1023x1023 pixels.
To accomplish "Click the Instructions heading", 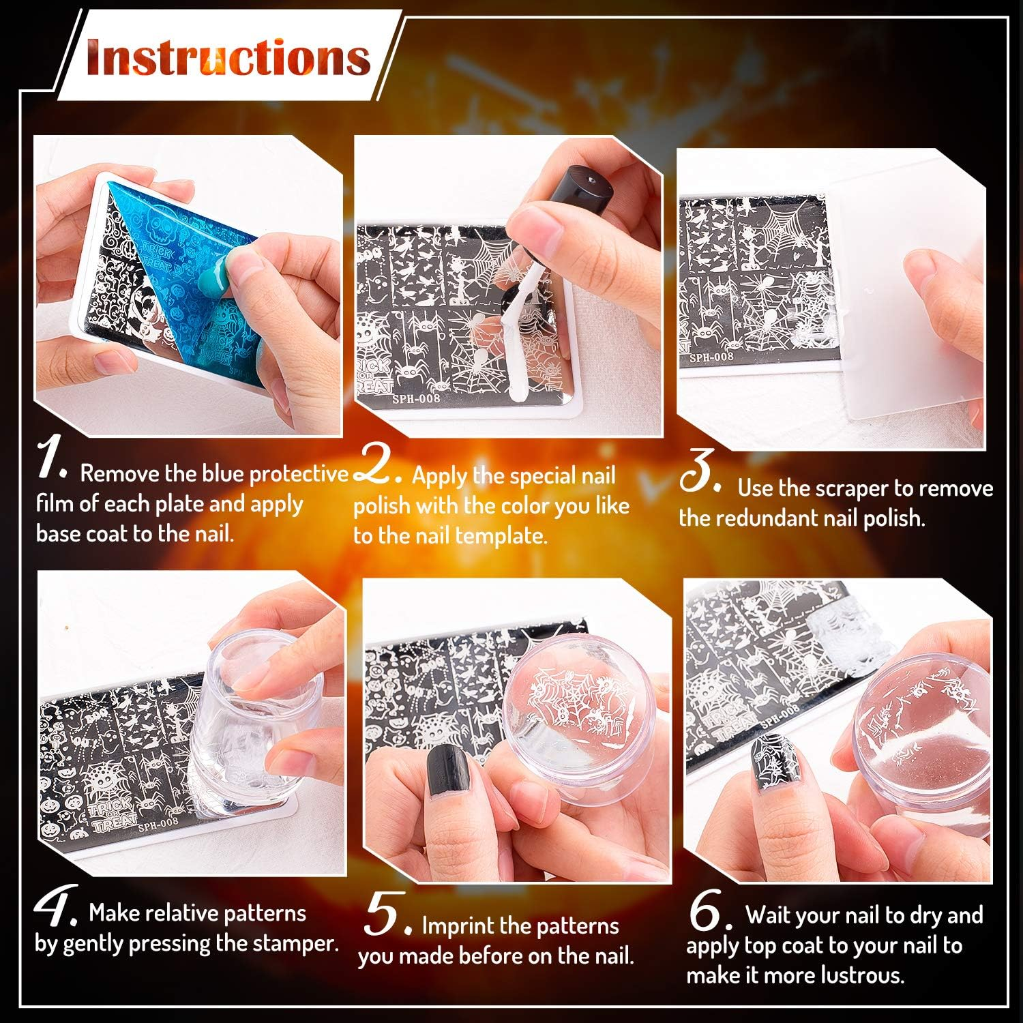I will click(228, 57).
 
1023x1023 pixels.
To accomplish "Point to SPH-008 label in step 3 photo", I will click(711, 357).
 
